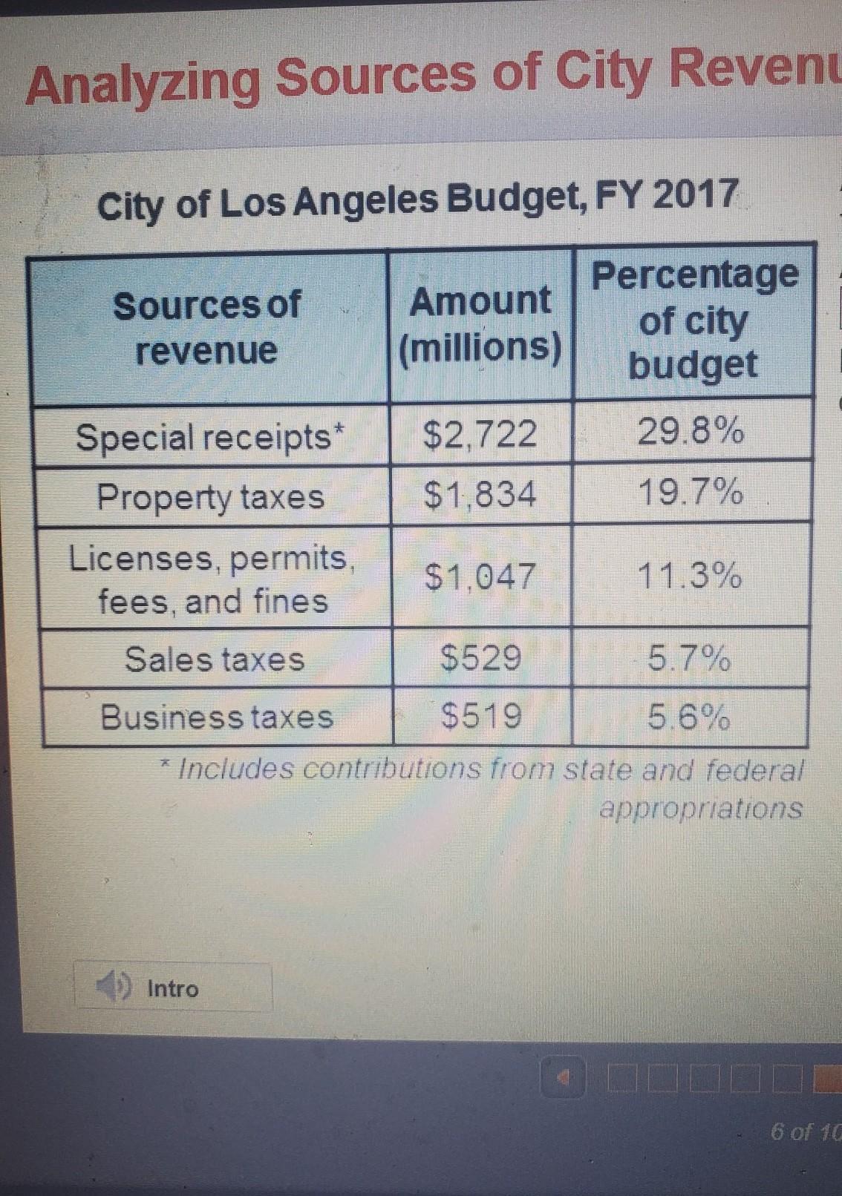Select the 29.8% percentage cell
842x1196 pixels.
[x=691, y=431]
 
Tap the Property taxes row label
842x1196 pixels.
[x=211, y=496]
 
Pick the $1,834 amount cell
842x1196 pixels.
[x=480, y=494]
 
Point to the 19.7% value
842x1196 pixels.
[x=691, y=491]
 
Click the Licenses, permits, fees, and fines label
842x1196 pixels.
[x=211, y=579]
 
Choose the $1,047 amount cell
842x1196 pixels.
[x=480, y=576]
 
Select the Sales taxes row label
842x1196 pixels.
[x=215, y=659]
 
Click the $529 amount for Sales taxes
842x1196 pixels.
[x=481, y=657]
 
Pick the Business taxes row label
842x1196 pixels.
[x=217, y=717]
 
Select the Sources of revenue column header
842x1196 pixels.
[x=206, y=327]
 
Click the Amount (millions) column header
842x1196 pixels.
[x=480, y=324]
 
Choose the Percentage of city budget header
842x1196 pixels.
[x=694, y=320]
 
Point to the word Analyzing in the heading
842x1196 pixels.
[x=144, y=81]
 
